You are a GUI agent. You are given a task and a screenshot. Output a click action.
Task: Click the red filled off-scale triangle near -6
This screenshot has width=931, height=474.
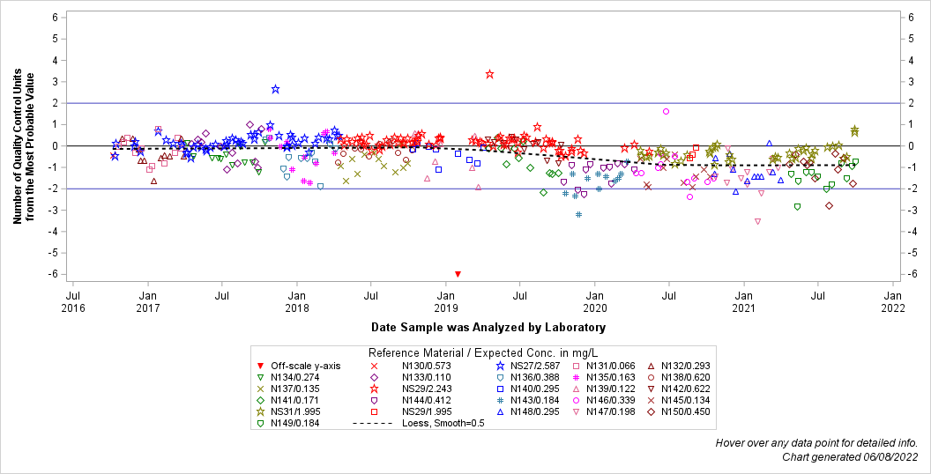[458, 274]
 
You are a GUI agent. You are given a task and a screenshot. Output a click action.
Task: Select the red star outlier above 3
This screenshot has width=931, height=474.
[489, 74]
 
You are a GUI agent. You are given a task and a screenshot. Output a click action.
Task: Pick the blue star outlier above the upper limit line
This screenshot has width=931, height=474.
[276, 89]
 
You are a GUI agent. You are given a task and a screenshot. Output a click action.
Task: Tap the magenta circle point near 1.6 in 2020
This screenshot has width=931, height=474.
[666, 112]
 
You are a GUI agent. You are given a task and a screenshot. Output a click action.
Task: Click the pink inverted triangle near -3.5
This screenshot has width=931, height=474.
[757, 221]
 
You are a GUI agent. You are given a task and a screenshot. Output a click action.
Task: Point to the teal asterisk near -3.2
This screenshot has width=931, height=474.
[578, 214]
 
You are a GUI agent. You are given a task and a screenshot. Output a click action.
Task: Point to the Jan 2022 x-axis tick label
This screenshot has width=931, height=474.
[893, 301]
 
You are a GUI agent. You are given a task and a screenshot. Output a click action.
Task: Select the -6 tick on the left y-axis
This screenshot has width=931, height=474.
[54, 274]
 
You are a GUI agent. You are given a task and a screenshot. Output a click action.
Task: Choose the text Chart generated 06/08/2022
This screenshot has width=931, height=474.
[850, 456]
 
